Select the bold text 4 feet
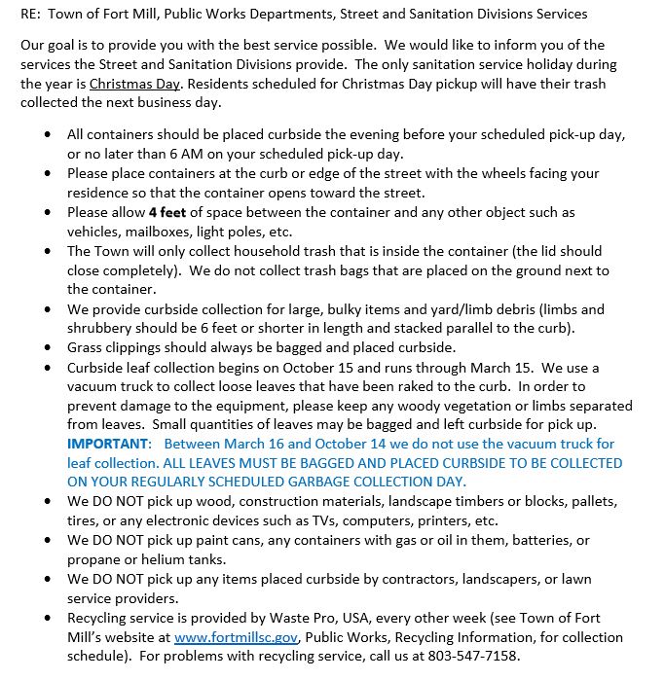click(x=166, y=212)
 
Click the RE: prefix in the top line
click(x=31, y=14)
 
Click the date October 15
click(x=318, y=368)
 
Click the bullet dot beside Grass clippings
click(x=49, y=346)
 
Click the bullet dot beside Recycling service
click(x=49, y=618)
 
